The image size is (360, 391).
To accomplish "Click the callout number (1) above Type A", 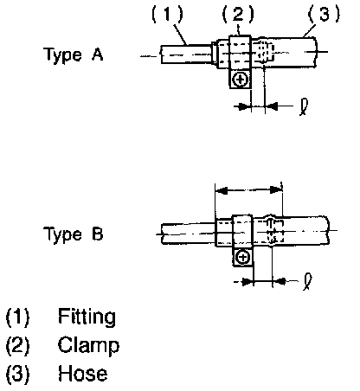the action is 167,15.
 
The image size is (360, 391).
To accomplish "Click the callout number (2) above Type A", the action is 238,15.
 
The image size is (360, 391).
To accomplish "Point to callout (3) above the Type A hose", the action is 324,15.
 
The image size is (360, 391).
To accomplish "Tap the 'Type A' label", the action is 74,54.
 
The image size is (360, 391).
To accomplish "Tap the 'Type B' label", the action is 74,234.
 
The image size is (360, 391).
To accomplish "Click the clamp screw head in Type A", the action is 241,80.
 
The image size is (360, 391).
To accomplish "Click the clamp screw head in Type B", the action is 243,258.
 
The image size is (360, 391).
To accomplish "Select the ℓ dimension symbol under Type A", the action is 304,107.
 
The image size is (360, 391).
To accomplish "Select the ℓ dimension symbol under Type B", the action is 307,282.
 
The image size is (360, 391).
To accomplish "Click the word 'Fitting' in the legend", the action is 87,317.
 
